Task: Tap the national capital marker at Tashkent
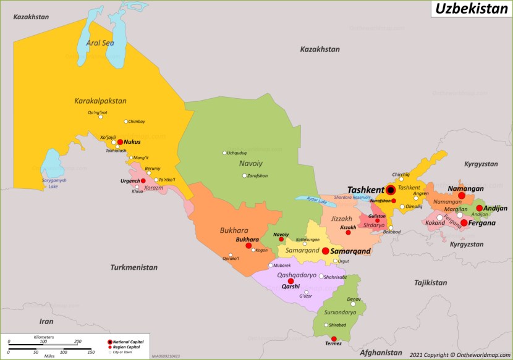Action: pos(391,190)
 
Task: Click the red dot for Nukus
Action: pos(121,141)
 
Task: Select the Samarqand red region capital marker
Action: pos(325,251)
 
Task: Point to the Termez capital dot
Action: pos(334,338)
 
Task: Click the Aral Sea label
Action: pos(100,43)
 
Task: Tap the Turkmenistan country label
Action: pos(134,267)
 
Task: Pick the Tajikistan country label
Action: pos(430,282)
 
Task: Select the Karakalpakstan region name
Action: pos(100,101)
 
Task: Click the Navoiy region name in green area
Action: pos(251,163)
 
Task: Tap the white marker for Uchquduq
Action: pos(224,153)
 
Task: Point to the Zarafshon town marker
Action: pos(244,175)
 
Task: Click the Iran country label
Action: pos(46,321)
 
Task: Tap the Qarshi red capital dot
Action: pos(290,281)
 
